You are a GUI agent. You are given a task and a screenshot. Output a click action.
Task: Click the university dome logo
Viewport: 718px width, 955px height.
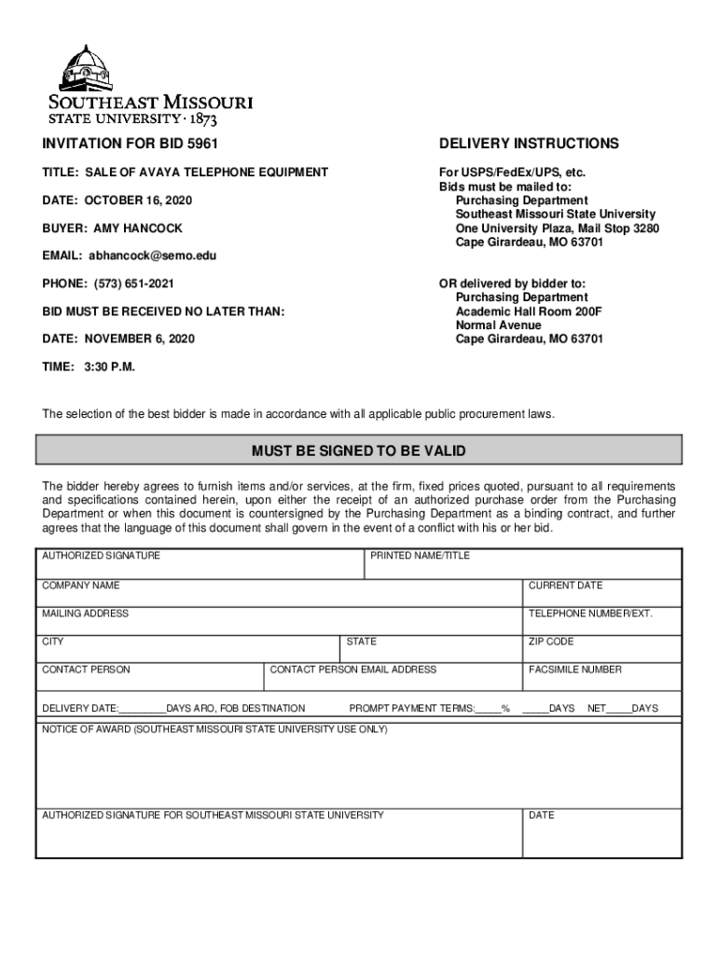pyautogui.click(x=86, y=68)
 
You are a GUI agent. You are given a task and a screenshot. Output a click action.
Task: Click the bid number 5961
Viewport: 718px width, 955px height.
pyautogui.click(x=208, y=144)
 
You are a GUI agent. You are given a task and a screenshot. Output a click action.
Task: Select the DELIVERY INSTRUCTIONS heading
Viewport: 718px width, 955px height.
pyautogui.click(x=529, y=144)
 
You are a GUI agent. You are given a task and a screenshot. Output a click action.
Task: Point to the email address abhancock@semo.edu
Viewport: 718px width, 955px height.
pyautogui.click(x=152, y=256)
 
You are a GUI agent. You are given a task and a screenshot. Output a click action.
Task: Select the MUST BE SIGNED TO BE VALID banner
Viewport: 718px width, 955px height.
pyautogui.click(x=359, y=451)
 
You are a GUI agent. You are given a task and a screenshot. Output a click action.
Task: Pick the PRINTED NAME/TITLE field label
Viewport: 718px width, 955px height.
pyautogui.click(x=420, y=556)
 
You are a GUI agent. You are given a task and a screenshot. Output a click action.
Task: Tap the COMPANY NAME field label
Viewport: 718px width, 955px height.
pyautogui.click(x=81, y=586)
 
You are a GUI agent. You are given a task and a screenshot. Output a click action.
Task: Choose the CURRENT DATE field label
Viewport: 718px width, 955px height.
pyautogui.click(x=566, y=586)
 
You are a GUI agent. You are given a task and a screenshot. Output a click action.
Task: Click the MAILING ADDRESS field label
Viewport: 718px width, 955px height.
pyautogui.click(x=86, y=614)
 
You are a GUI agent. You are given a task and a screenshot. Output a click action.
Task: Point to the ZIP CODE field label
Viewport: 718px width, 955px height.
pyautogui.click(x=551, y=642)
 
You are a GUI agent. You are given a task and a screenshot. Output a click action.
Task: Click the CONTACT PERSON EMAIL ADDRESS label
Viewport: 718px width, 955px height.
pyautogui.click(x=353, y=670)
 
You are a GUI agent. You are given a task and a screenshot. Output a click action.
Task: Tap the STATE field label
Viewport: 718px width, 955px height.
pyautogui.click(x=362, y=642)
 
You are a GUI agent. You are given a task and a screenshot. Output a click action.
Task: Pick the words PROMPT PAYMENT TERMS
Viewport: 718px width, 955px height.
pyautogui.click(x=411, y=709)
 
